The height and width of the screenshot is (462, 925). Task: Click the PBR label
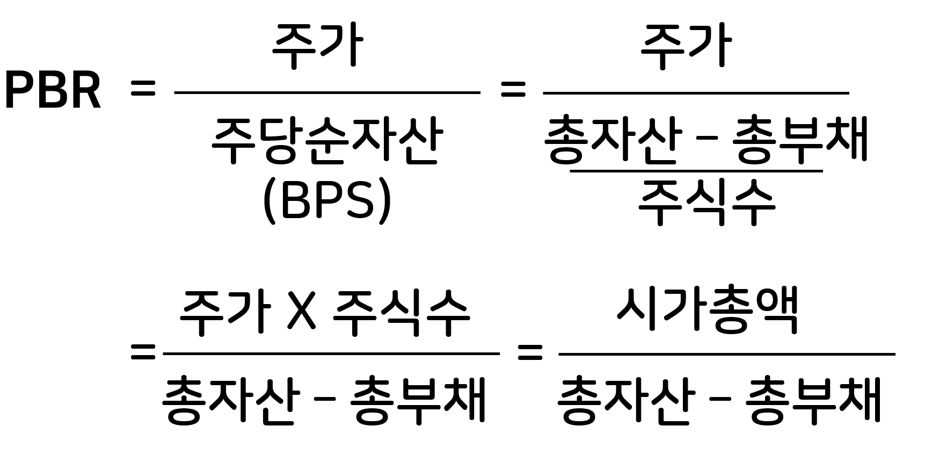point(53,91)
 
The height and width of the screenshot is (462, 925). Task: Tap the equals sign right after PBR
point(143,89)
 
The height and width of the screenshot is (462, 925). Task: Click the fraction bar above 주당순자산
point(327,93)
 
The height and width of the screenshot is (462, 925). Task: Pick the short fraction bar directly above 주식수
point(696,171)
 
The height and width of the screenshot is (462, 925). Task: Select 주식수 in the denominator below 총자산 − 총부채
point(707,203)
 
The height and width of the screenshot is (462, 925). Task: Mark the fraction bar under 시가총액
point(726,354)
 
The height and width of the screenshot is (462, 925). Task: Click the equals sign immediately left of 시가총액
point(529,353)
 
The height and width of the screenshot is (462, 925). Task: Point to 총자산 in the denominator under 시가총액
point(624,401)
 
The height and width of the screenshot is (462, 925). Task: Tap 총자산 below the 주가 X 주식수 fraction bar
point(228,401)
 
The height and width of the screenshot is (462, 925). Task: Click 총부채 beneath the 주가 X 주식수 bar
point(418,401)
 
